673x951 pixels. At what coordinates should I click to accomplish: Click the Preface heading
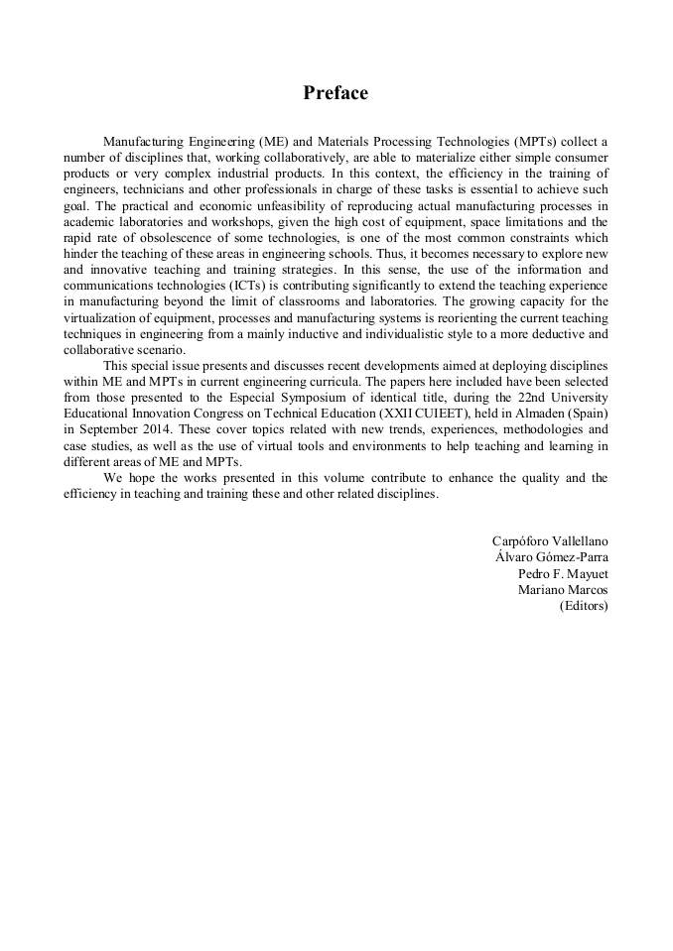click(x=336, y=93)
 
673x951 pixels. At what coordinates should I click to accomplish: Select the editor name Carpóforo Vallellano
click(x=550, y=540)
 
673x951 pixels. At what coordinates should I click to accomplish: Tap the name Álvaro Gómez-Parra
click(x=552, y=556)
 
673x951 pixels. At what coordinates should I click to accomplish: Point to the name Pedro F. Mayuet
click(x=563, y=573)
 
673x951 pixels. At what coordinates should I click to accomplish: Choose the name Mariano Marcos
click(x=563, y=589)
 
